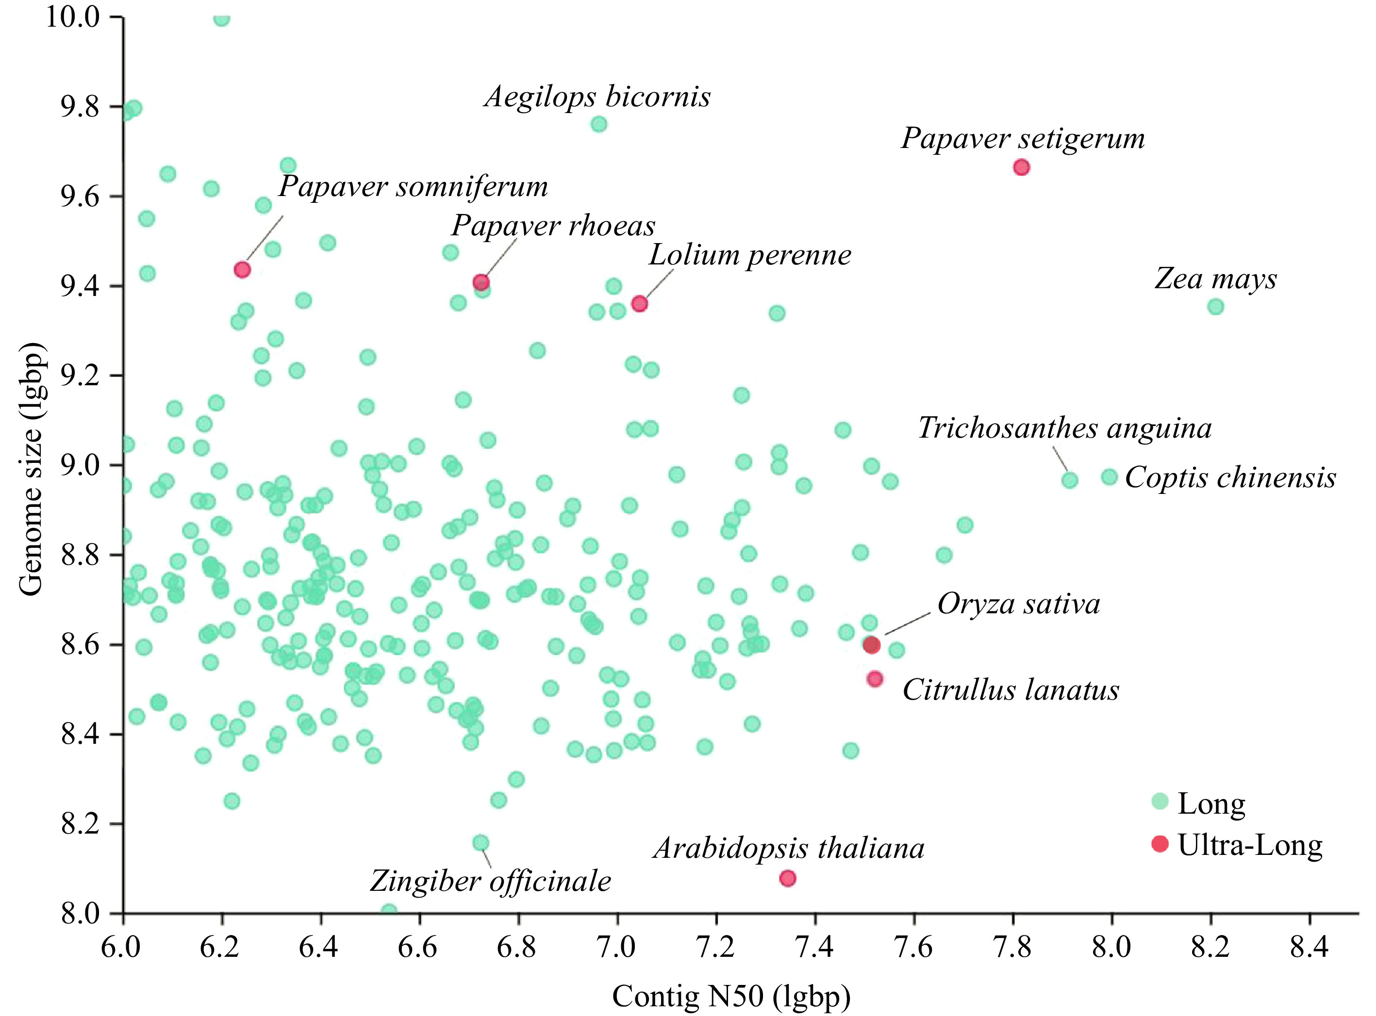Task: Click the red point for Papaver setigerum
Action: [1021, 167]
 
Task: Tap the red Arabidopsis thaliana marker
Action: [787, 878]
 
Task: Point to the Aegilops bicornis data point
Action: [599, 124]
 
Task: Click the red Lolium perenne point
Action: [640, 303]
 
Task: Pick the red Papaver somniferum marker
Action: [242, 269]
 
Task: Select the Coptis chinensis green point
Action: [1109, 476]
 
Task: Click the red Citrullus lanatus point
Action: [875, 679]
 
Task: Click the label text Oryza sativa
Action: [1019, 604]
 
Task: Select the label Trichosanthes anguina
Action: [1065, 428]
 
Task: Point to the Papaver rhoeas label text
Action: [553, 226]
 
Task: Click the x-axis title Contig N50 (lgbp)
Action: [731, 996]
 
